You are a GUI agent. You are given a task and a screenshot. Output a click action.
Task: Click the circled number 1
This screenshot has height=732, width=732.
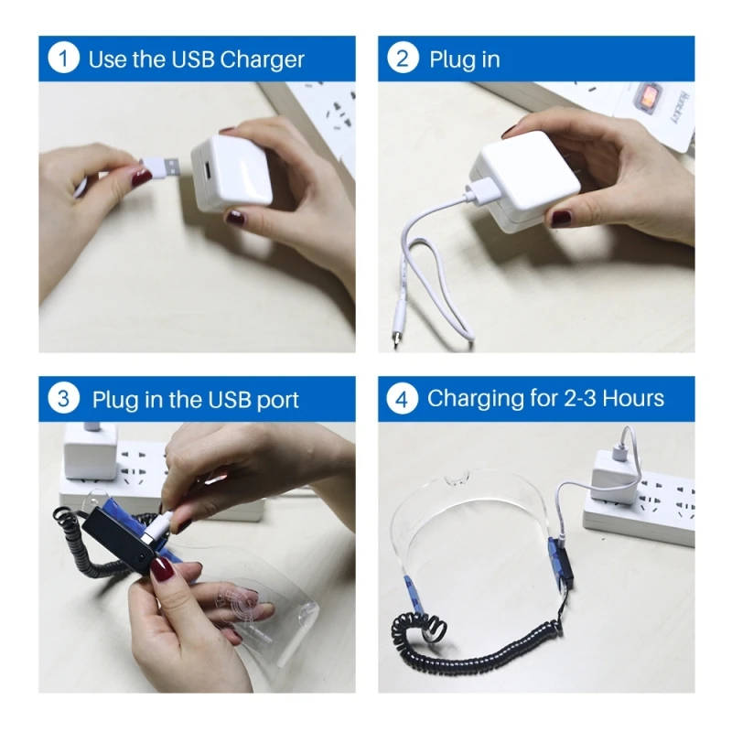[x=63, y=59]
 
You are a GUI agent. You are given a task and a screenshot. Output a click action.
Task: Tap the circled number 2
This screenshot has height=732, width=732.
[x=403, y=59]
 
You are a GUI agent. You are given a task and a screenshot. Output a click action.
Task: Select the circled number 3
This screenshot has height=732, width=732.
[x=63, y=398]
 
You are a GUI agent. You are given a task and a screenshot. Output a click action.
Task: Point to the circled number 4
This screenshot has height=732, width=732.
[x=403, y=398]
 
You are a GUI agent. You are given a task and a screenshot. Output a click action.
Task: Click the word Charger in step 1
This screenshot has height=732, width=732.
[x=262, y=60]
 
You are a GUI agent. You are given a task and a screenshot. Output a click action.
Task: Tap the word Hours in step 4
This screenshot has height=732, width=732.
[x=633, y=399]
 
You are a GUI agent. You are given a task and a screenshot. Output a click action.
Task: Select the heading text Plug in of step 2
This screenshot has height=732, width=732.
[x=465, y=60]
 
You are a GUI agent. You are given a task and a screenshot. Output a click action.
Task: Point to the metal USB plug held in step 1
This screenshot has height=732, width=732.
[x=171, y=167]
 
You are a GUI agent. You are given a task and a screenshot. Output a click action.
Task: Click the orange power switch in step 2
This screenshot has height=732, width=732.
[x=646, y=97]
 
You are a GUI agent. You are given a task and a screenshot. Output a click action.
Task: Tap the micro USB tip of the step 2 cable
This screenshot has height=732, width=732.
[x=396, y=340]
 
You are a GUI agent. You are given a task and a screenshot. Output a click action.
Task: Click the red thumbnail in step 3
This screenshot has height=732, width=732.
[x=162, y=568]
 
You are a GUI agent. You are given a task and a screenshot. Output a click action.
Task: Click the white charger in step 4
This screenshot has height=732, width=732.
[x=615, y=477]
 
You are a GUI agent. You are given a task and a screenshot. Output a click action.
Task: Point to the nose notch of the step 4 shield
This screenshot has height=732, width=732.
[x=456, y=479]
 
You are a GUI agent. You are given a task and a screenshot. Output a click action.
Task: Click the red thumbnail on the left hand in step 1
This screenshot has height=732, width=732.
[x=142, y=177]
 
